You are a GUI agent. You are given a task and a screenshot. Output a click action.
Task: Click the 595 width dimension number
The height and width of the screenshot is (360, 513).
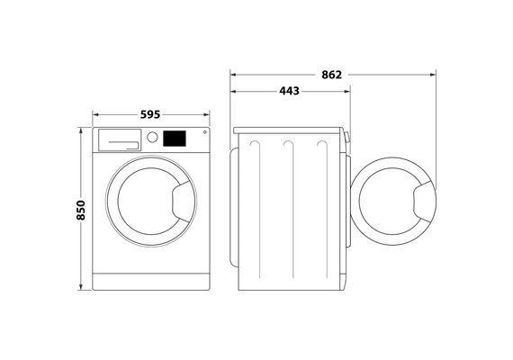[150, 114]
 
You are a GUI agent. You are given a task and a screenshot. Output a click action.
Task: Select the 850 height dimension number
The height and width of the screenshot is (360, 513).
[80, 210]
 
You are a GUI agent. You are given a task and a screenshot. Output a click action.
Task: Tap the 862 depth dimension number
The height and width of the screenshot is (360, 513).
[331, 75]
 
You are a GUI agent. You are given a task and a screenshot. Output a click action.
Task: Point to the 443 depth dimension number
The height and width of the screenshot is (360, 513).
[289, 91]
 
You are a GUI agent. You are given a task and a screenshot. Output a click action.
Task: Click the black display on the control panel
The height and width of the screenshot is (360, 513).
[175, 139]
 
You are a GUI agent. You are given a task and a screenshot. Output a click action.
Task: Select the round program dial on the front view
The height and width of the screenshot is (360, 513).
[152, 137]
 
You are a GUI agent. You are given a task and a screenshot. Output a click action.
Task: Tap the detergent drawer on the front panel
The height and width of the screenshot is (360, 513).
[120, 140]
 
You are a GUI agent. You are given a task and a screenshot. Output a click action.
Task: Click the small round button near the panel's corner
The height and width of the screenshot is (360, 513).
[205, 132]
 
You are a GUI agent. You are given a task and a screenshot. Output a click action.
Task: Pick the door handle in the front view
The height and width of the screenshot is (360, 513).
[184, 202]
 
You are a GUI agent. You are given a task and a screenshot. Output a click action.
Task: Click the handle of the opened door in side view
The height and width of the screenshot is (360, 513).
[425, 202]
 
